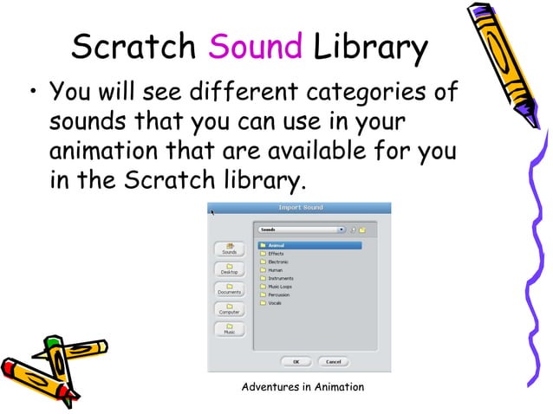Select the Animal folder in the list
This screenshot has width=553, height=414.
tap(276, 245)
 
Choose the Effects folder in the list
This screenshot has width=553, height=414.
tap(276, 254)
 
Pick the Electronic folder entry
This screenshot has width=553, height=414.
tap(278, 262)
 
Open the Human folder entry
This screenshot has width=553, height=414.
tap(276, 270)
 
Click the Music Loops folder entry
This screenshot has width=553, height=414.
tap(280, 287)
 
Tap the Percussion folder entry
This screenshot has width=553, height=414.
tap(279, 294)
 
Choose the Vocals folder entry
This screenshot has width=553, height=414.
tap(276, 303)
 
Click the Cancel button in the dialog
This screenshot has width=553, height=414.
tap(334, 361)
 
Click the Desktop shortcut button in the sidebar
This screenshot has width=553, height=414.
tap(230, 269)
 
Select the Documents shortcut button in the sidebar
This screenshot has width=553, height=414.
tap(230, 289)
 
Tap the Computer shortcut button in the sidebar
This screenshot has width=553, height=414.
tap(230, 309)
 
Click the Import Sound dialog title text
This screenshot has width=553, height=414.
tap(299, 208)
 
